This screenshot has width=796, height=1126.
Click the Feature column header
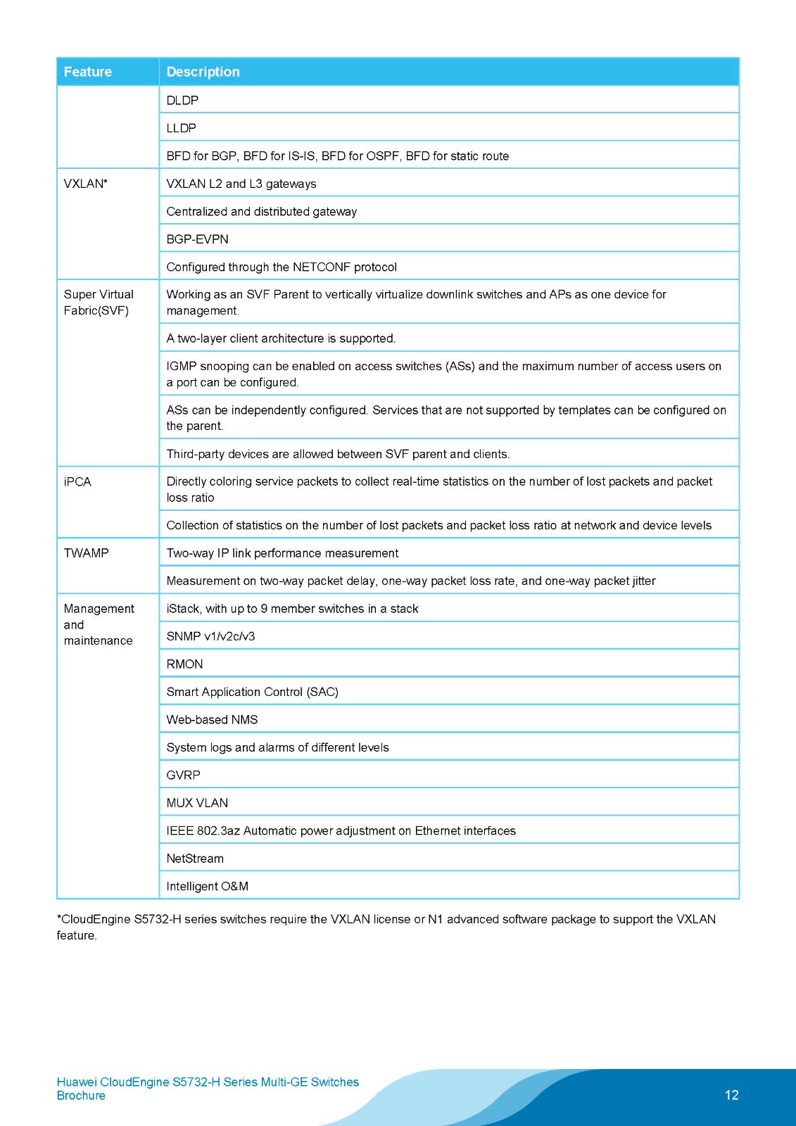(x=88, y=72)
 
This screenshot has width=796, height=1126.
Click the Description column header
(x=203, y=72)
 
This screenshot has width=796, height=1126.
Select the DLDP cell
(x=182, y=101)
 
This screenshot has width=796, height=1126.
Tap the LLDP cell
(x=181, y=128)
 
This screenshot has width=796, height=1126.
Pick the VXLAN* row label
(x=85, y=184)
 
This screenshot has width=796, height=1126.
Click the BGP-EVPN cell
(x=197, y=239)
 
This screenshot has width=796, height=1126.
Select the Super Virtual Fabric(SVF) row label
(x=99, y=303)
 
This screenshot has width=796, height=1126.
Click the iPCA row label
(x=77, y=482)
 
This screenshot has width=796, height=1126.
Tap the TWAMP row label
(x=86, y=553)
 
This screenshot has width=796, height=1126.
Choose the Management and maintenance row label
(x=99, y=624)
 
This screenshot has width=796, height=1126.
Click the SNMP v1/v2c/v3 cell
(x=210, y=636)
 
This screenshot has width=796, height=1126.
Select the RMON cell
(x=184, y=664)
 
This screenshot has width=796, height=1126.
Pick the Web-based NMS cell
(x=212, y=720)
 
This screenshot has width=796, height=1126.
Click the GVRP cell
(x=183, y=776)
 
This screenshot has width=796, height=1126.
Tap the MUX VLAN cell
(x=197, y=803)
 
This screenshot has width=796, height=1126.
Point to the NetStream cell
(x=195, y=859)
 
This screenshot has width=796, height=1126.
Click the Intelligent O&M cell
(x=207, y=887)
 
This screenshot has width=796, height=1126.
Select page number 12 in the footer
(x=731, y=1095)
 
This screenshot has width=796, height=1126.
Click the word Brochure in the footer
(x=81, y=1096)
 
